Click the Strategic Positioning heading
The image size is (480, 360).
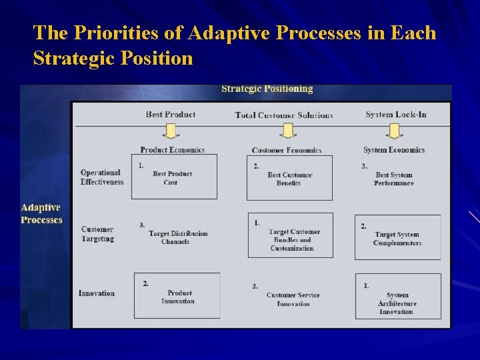(x=267, y=89)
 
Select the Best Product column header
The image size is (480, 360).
(x=171, y=115)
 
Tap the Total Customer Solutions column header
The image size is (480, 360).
(x=284, y=115)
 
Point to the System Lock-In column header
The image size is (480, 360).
(x=395, y=115)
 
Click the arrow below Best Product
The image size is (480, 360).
(x=171, y=131)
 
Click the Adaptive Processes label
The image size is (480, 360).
(x=41, y=214)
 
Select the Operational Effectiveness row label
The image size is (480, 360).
(x=101, y=177)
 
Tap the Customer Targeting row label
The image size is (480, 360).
(x=97, y=234)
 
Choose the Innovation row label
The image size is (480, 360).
(x=96, y=293)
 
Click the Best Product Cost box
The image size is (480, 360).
(x=174, y=177)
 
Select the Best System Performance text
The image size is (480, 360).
(x=394, y=179)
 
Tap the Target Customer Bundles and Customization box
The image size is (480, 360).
(x=291, y=235)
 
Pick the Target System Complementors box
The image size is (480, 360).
(x=397, y=237)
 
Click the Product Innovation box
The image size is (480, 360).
(x=177, y=295)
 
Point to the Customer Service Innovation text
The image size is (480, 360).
(x=293, y=299)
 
